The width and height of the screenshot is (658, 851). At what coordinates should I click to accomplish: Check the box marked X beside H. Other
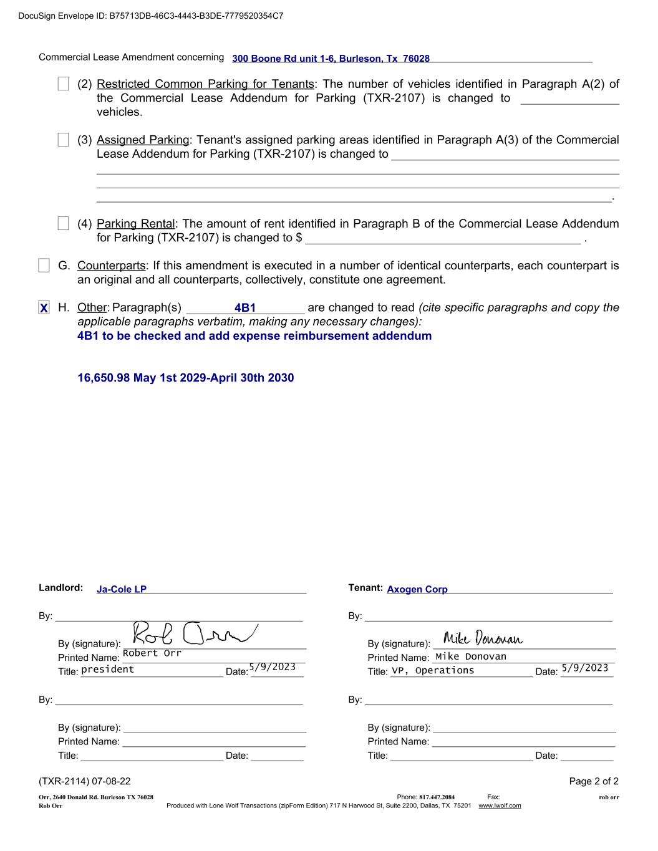[x=44, y=308]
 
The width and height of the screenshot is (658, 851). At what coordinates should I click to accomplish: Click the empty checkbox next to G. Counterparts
[x=44, y=266]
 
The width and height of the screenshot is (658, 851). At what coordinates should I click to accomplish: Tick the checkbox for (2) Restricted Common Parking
[x=63, y=84]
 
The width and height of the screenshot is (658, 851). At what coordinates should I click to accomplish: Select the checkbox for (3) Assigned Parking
[x=63, y=140]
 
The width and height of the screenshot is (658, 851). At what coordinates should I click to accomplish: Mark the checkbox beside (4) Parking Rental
[x=63, y=223]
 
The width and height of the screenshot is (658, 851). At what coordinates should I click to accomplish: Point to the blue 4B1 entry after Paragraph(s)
[x=245, y=308]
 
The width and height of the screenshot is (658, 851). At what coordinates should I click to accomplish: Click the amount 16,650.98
[x=104, y=378]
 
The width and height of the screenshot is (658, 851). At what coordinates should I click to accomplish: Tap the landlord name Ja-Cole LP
[x=122, y=589]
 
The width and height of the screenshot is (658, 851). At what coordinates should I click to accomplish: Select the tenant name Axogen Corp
[x=417, y=589]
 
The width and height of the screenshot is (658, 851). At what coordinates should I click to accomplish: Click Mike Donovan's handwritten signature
[x=483, y=638]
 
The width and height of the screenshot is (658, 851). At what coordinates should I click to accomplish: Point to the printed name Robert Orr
[x=152, y=653]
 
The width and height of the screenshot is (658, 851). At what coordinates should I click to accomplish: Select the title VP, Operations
[x=433, y=671]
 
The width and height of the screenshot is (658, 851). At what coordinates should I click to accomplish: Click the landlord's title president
[x=108, y=670]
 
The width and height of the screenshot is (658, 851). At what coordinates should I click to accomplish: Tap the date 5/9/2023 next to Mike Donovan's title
[x=584, y=668]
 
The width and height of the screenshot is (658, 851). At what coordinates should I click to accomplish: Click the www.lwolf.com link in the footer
[x=500, y=805]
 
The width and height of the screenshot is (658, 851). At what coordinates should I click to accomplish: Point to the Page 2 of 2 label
[x=594, y=781]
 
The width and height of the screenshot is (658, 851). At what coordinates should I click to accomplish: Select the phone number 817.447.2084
[x=437, y=797]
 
